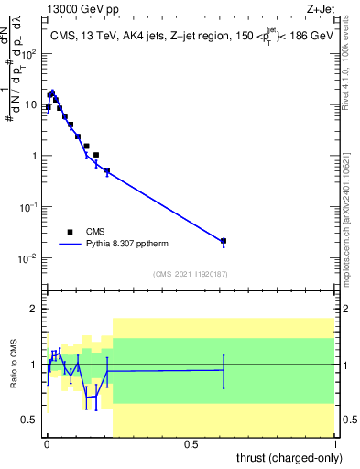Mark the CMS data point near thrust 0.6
point(224,241)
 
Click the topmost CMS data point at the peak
point(52,93)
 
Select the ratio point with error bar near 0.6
point(224,369)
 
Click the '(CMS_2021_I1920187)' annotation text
point(191,273)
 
